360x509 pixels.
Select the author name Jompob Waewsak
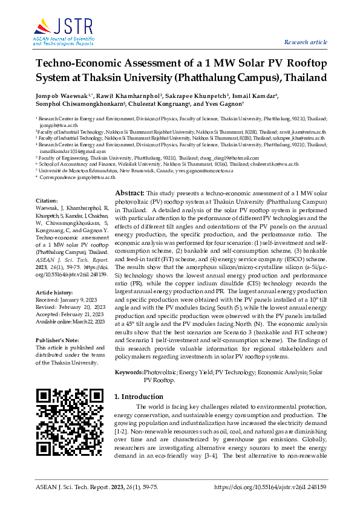pos(55,96)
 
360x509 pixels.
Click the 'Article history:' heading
pos(54,291)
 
